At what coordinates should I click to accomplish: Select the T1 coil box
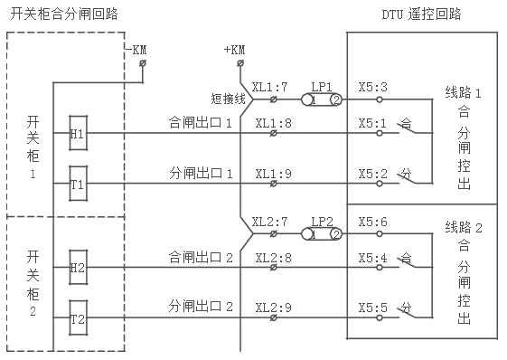pyautogui.click(x=77, y=184)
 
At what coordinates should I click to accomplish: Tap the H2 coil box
pyautogui.click(x=77, y=268)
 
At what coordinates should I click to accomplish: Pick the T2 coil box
pyautogui.click(x=77, y=318)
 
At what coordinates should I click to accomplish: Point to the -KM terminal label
pyautogui.click(x=138, y=49)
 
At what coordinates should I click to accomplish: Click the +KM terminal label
pyautogui.click(x=233, y=49)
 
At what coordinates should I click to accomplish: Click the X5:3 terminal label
pyautogui.click(x=372, y=88)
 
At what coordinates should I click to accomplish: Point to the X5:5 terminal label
pyautogui.click(x=372, y=307)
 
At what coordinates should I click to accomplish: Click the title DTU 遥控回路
pyautogui.click(x=421, y=14)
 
